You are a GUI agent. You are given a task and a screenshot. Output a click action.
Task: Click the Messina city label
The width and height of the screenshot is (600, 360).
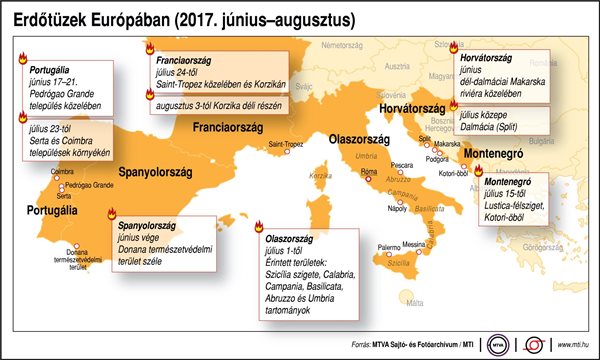pyautogui.click(x=413, y=244)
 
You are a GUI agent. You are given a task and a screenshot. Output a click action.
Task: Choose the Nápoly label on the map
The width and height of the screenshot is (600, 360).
pyautogui.click(x=396, y=209)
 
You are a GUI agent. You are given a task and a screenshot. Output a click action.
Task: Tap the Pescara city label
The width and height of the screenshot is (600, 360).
pyautogui.click(x=403, y=163)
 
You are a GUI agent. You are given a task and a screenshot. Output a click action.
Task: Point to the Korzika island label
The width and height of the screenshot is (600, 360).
pyautogui.click(x=321, y=175)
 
